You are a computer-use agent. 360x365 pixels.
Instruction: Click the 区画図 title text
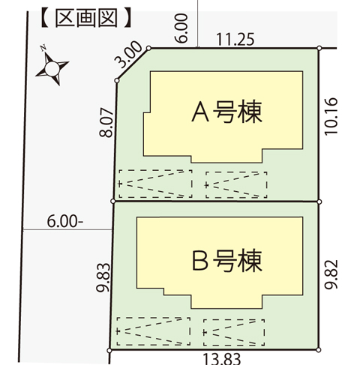click(86, 18)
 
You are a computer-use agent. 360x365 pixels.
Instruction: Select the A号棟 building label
click(226, 112)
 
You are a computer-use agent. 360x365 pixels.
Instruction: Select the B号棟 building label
click(227, 260)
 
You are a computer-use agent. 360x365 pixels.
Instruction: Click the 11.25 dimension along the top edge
click(235, 40)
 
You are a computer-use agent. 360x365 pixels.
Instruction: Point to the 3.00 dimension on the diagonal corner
click(128, 55)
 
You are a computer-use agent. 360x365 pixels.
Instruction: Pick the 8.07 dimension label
click(106, 123)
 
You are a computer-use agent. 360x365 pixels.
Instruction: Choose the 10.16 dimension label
click(331, 117)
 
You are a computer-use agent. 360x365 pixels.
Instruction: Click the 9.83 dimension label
click(103, 277)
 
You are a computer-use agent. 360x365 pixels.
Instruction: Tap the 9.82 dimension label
click(331, 275)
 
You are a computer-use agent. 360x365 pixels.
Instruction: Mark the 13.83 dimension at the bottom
click(221, 359)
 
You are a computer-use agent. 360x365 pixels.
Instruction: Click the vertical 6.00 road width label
click(181, 28)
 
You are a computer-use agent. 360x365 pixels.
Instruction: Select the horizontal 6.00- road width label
click(65, 221)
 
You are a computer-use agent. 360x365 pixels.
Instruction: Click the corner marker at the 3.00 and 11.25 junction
click(148, 48)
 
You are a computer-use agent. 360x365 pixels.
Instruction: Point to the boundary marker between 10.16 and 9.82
click(319, 202)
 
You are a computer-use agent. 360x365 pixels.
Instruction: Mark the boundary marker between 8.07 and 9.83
click(113, 201)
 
